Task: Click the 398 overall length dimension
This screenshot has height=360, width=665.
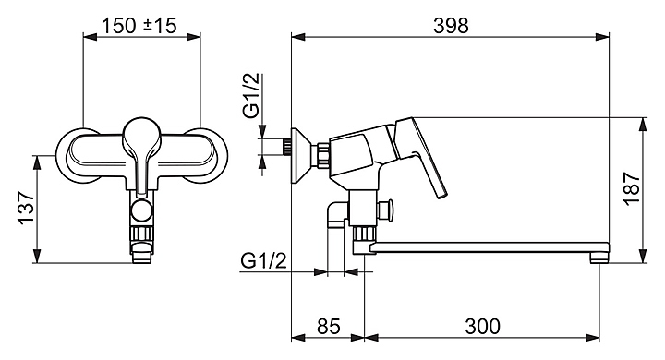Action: click(x=451, y=26)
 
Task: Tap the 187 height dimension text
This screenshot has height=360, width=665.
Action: click(x=632, y=188)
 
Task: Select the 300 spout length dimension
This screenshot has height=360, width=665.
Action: click(x=482, y=327)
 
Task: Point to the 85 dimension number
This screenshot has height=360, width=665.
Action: click(x=328, y=327)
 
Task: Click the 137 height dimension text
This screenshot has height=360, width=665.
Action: click(x=26, y=209)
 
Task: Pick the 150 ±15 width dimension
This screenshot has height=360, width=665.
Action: click(x=139, y=26)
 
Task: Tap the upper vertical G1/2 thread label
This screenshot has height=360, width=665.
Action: click(x=251, y=96)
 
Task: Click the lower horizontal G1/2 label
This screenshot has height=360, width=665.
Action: click(x=263, y=261)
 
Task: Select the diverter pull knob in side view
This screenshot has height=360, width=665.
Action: click(x=385, y=210)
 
